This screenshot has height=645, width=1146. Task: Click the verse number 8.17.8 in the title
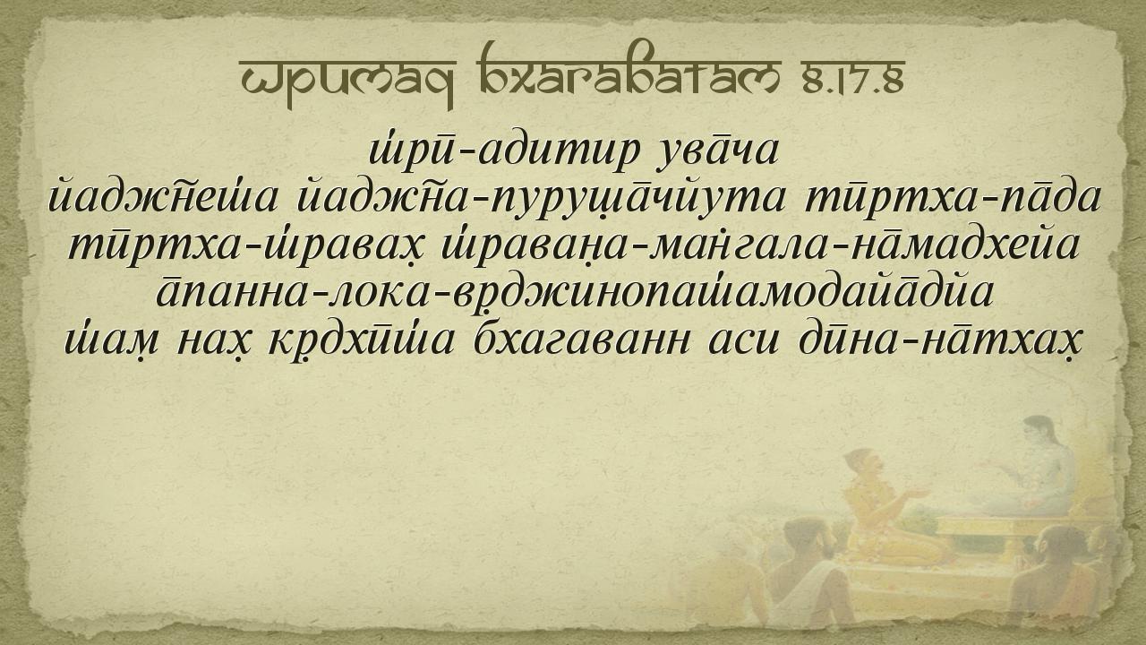point(853,80)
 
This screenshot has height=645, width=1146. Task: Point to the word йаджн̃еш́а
point(163,199)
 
